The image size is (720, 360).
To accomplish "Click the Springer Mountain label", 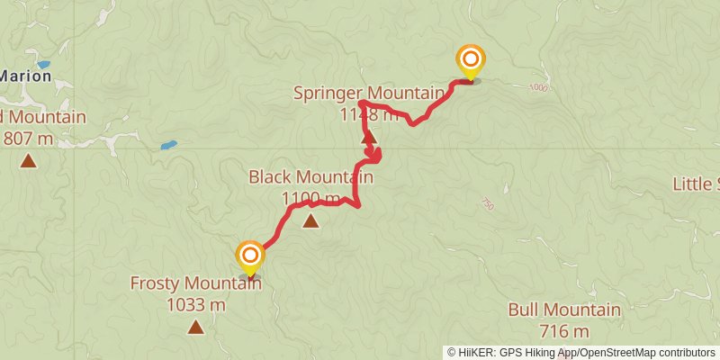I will click(x=369, y=93).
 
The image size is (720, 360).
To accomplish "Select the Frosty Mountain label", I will click(x=195, y=283).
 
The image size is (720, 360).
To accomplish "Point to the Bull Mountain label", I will click(x=564, y=310).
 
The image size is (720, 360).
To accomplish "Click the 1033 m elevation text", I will click(x=195, y=304).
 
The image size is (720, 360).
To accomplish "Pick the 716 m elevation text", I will click(x=564, y=330).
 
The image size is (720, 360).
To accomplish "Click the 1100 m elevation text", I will click(x=310, y=198).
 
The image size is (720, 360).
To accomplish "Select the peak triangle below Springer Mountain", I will click(x=367, y=138).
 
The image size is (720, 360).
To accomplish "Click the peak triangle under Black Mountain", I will click(x=310, y=220).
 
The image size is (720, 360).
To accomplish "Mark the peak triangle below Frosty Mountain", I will click(x=195, y=327).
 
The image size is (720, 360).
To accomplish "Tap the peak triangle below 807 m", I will click(x=29, y=161).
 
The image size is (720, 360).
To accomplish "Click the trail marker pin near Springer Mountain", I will click(x=470, y=61).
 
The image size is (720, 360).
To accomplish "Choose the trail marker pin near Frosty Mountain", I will click(x=249, y=256).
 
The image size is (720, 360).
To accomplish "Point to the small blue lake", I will click(x=168, y=145).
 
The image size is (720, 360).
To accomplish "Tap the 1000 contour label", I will click(x=539, y=87).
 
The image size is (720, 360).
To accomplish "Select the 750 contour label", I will click(x=487, y=204).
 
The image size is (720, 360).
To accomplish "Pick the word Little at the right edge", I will click(x=696, y=184).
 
